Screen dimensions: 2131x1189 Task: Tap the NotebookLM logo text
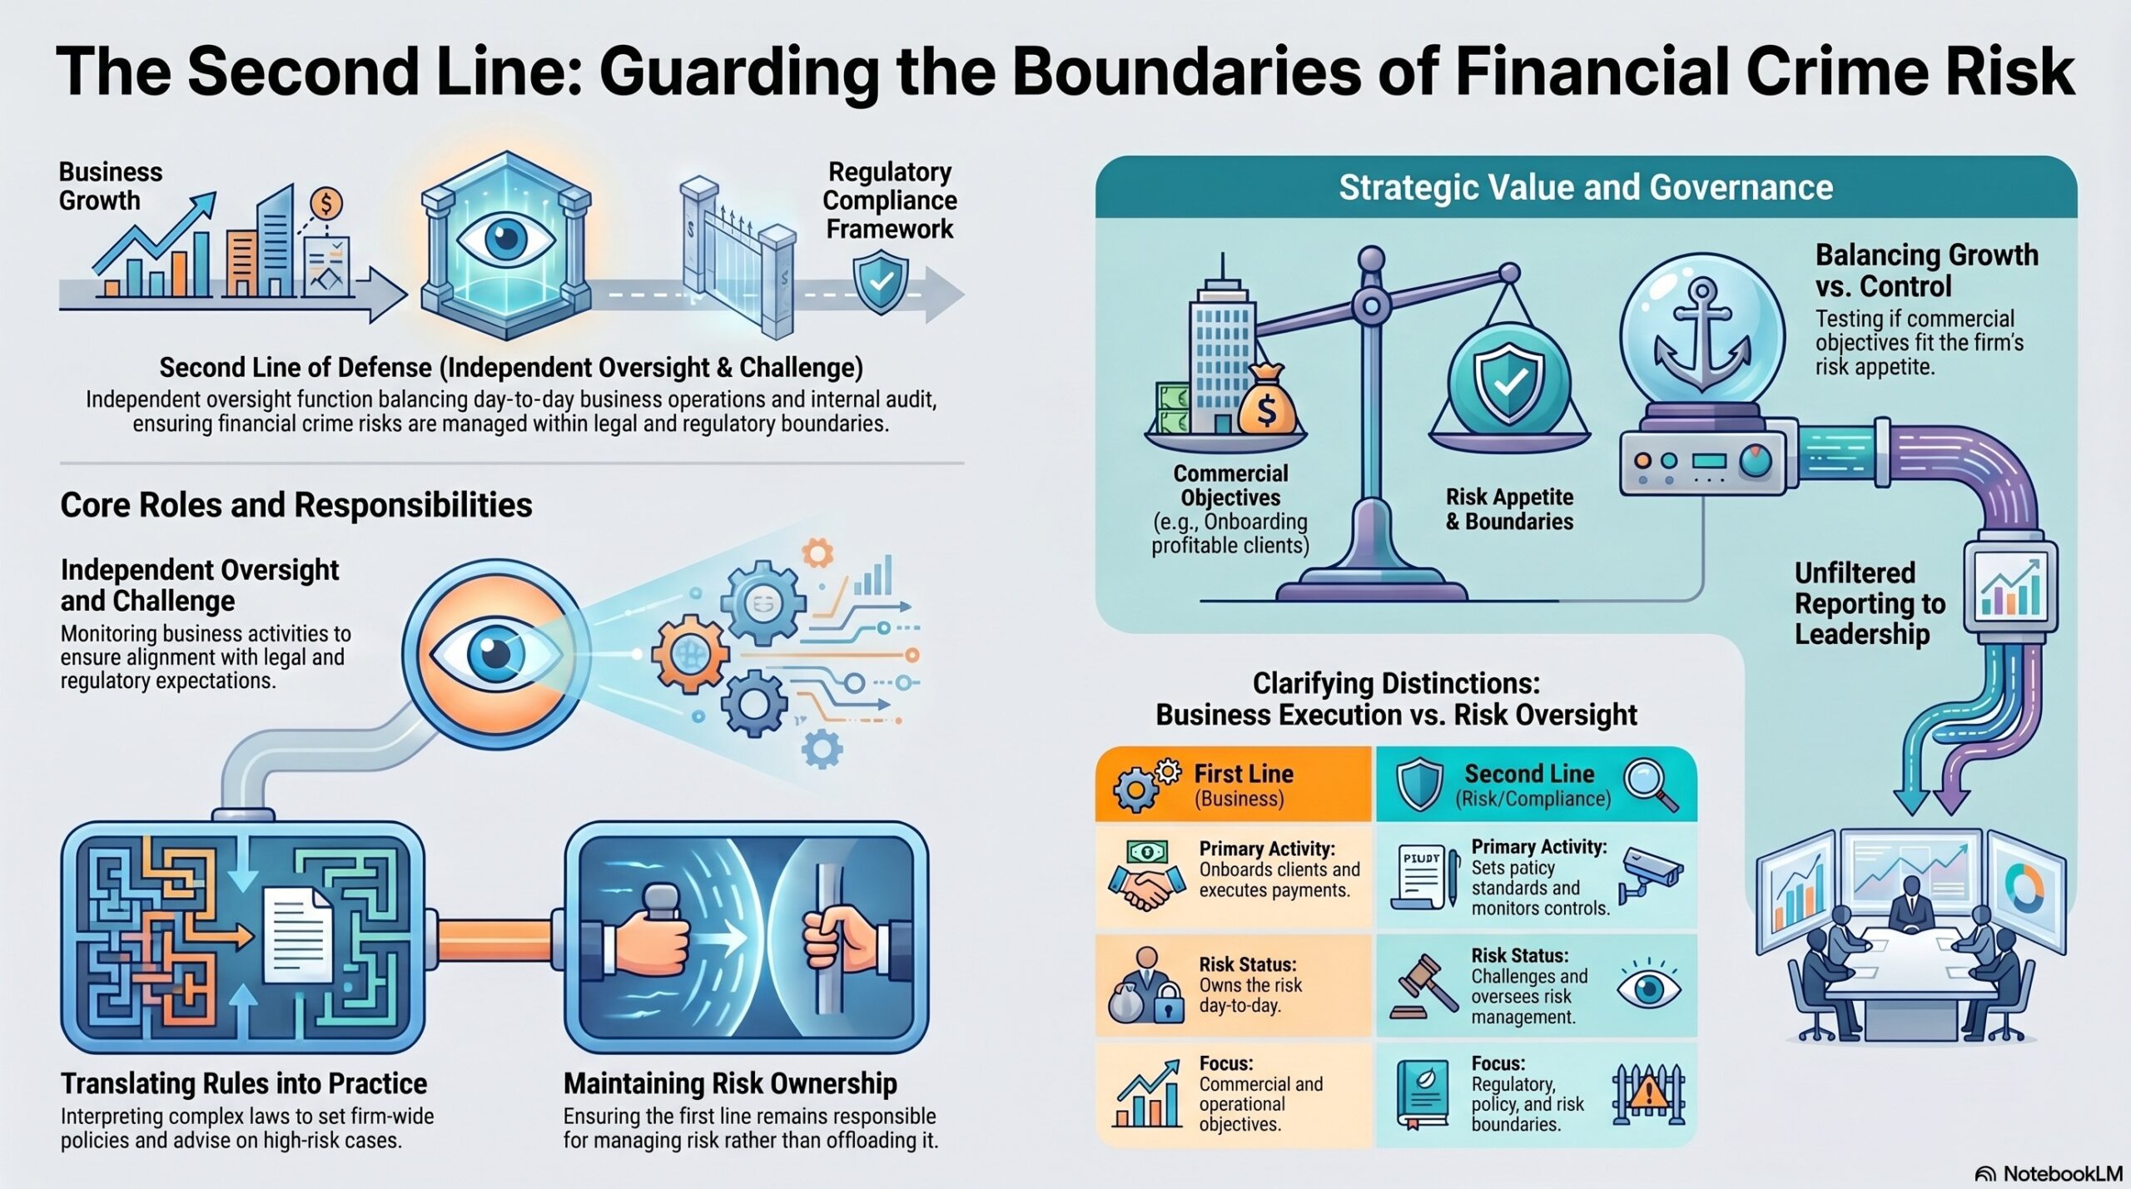(x=2061, y=1173)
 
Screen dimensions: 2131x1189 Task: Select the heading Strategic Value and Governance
(x=1586, y=188)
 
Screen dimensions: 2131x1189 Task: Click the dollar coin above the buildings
(x=325, y=203)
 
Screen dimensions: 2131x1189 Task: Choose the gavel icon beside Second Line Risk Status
(x=1423, y=987)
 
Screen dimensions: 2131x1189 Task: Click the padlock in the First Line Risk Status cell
(x=1169, y=1004)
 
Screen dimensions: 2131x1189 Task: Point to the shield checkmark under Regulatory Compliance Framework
(x=882, y=284)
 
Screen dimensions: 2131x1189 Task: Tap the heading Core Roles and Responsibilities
(x=296, y=505)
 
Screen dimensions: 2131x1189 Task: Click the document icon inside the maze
(x=297, y=934)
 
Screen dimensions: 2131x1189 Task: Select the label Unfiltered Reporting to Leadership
(x=1870, y=603)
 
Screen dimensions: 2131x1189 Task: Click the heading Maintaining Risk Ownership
(x=730, y=1083)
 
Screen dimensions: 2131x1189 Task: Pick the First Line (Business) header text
(x=1244, y=785)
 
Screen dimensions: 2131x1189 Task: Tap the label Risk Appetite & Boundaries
(x=1509, y=509)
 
